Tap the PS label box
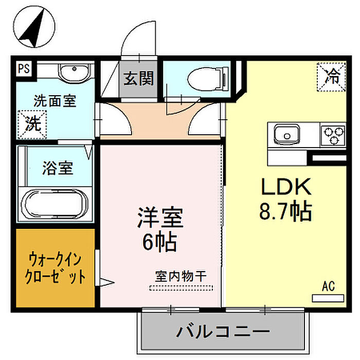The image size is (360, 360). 23,68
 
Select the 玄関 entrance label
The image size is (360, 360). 138,79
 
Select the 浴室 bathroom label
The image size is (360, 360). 57,168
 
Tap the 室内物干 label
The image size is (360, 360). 181,276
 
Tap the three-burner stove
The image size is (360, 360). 332,135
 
